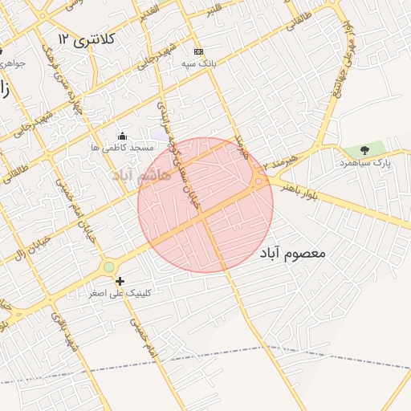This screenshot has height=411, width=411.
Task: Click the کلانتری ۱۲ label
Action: [87, 39]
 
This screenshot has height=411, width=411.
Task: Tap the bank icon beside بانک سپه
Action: [198, 51]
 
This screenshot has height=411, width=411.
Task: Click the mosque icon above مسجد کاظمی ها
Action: [121, 136]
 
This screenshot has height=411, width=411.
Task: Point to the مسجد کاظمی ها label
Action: [121, 149]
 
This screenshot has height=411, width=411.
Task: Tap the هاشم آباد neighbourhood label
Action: [144, 174]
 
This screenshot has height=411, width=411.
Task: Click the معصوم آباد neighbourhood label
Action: [293, 253]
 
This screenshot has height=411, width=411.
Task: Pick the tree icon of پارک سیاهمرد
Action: [365, 149]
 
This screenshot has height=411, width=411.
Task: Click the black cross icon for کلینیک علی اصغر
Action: [120, 281]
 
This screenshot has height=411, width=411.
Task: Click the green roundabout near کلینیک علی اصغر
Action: [108, 267]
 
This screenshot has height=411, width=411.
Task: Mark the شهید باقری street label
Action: [63, 329]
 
